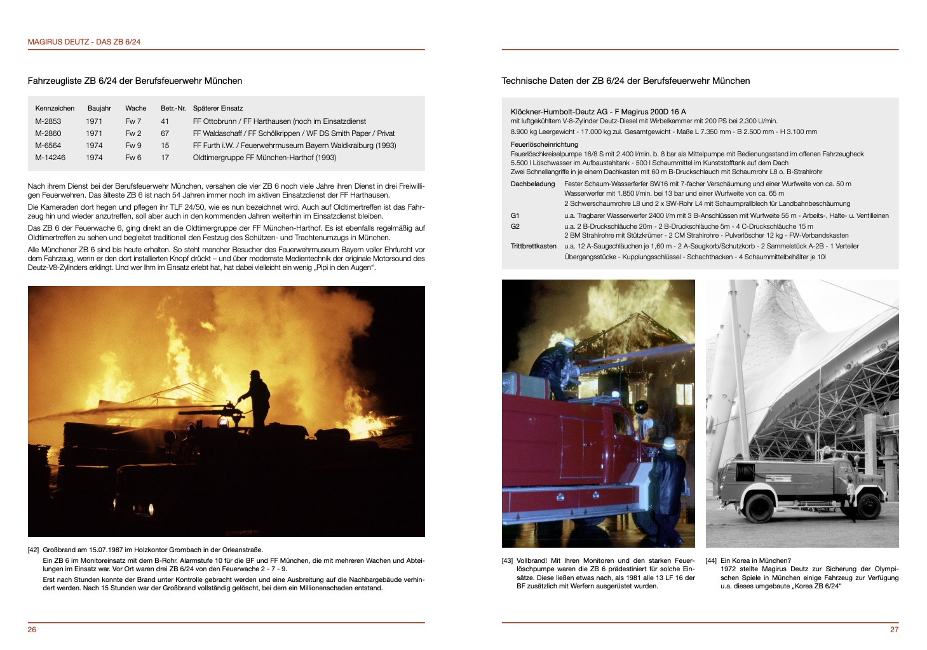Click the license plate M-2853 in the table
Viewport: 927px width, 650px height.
tap(48, 121)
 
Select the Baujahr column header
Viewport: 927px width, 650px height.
tap(99, 108)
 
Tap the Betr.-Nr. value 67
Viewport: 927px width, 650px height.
tap(165, 133)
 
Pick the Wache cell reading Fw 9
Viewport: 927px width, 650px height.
tap(133, 146)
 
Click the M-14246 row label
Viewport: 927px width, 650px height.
tap(50, 158)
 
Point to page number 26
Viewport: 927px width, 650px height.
tap(32, 630)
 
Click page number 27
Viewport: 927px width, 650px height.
tap(894, 630)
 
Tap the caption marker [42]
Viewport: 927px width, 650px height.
tap(33, 550)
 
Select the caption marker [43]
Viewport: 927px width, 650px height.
tap(507, 561)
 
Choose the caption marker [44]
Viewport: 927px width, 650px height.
tap(711, 561)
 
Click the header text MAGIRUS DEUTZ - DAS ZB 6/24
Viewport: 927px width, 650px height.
tap(84, 42)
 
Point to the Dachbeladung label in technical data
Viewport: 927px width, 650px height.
tap(532, 184)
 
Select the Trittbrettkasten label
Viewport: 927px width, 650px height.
tap(533, 247)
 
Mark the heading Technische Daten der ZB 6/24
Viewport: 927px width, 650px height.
tap(625, 81)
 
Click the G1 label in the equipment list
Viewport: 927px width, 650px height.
tap(515, 216)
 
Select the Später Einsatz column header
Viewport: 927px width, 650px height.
tap(218, 108)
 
